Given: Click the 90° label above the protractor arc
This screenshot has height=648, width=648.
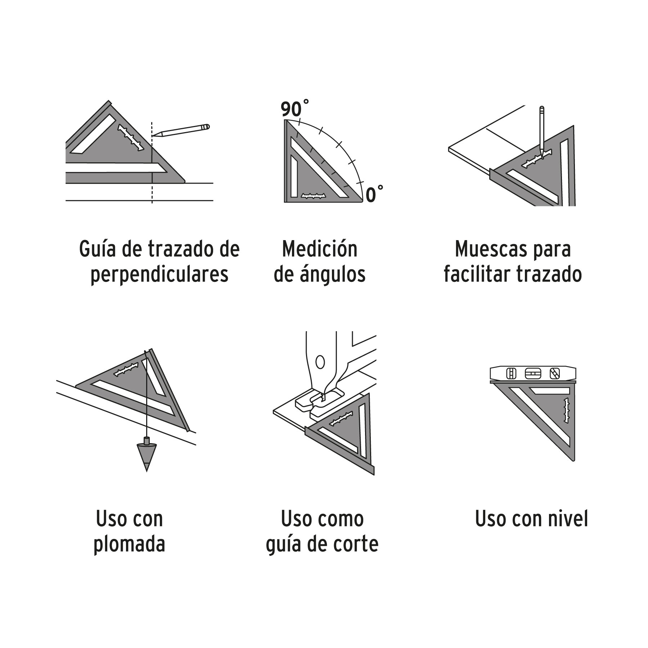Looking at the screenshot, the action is [x=295, y=109].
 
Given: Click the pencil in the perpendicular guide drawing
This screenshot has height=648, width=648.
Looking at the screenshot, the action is [x=181, y=130].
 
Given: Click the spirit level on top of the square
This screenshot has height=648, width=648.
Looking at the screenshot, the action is [x=533, y=374].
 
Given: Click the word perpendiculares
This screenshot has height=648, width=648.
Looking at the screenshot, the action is [x=159, y=275].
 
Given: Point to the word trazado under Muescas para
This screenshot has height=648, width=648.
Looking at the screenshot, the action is [x=549, y=275].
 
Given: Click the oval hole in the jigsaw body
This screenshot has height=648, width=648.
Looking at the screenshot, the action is [x=319, y=362].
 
